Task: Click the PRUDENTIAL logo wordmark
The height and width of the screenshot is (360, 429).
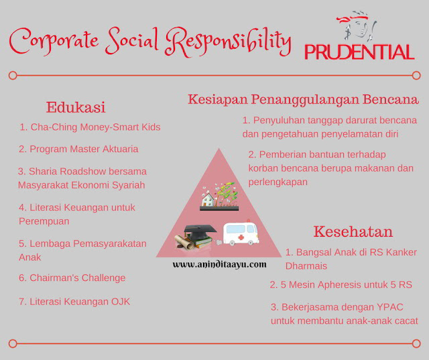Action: [359, 52]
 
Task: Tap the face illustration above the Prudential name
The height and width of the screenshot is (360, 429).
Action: [357, 25]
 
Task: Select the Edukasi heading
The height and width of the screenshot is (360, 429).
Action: [76, 107]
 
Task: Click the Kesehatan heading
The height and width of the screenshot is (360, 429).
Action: [353, 231]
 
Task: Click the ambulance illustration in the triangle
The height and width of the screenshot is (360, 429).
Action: [241, 233]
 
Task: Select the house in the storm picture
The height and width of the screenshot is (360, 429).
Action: [208, 200]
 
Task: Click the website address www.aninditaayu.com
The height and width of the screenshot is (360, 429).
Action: [219, 265]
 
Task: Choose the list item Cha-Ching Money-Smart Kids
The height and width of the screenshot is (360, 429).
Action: [90, 127]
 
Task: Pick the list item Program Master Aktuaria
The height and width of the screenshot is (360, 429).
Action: [78, 149]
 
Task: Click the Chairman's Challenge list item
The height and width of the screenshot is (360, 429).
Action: [72, 278]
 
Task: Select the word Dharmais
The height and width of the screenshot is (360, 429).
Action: [306, 266]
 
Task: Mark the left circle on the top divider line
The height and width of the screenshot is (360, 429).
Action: [13, 75]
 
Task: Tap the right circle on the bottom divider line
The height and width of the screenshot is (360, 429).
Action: [416, 344]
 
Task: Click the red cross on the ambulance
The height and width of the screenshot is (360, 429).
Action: [241, 237]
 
